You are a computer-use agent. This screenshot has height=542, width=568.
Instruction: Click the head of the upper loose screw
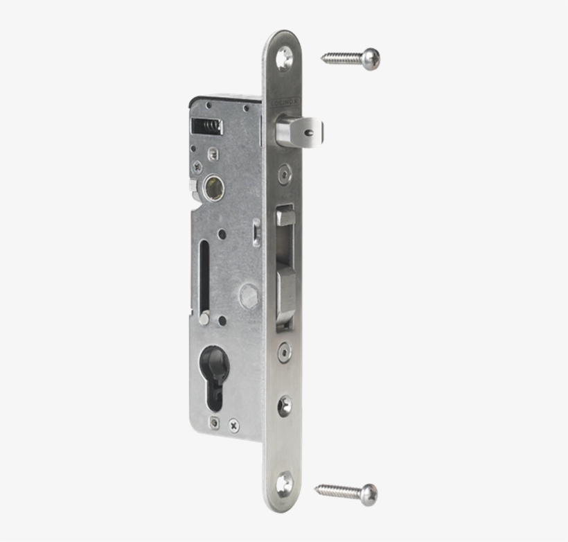coord(371,58)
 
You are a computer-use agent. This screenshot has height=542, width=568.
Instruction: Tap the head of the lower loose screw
coord(369,493)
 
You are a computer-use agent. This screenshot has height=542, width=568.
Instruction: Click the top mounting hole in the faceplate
coord(284,59)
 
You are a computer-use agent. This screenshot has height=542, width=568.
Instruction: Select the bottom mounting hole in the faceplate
coord(284,483)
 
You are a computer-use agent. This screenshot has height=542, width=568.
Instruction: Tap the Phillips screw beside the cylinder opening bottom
coord(234,423)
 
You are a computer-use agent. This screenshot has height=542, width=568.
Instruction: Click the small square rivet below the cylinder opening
coord(215,423)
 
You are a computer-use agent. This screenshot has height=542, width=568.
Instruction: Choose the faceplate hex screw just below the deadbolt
coord(284,351)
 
